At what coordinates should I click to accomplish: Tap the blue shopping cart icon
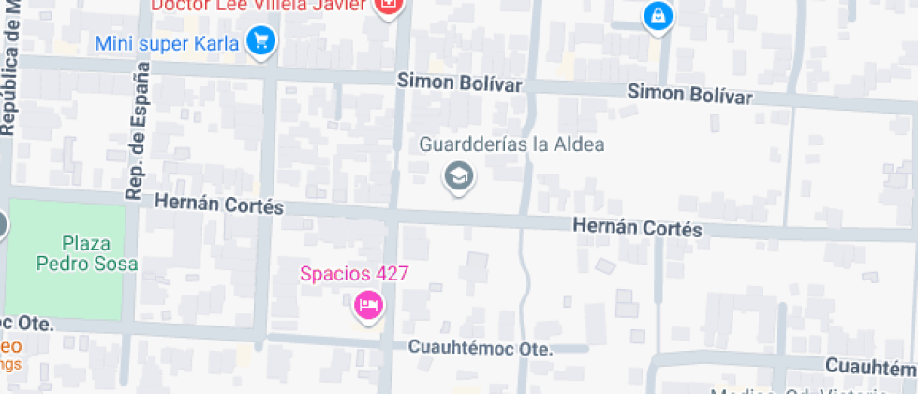[259, 41]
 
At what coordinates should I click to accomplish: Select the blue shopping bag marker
[659, 16]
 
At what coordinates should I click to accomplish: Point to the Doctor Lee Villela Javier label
[259, 6]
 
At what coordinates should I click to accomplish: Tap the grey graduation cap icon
[458, 175]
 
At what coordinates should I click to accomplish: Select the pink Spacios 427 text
[354, 274]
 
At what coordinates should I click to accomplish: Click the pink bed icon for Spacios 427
[368, 306]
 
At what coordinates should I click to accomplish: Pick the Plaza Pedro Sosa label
[86, 252]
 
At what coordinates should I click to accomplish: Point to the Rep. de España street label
[137, 131]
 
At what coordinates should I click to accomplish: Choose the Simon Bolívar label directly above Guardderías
[459, 83]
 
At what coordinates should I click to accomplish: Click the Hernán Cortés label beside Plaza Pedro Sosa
[218, 204]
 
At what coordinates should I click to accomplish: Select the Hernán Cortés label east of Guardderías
[637, 227]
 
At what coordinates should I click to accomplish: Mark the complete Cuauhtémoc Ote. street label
[481, 347]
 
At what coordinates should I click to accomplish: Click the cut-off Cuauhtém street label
[871, 365]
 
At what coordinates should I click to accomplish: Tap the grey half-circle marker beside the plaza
[3, 224]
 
